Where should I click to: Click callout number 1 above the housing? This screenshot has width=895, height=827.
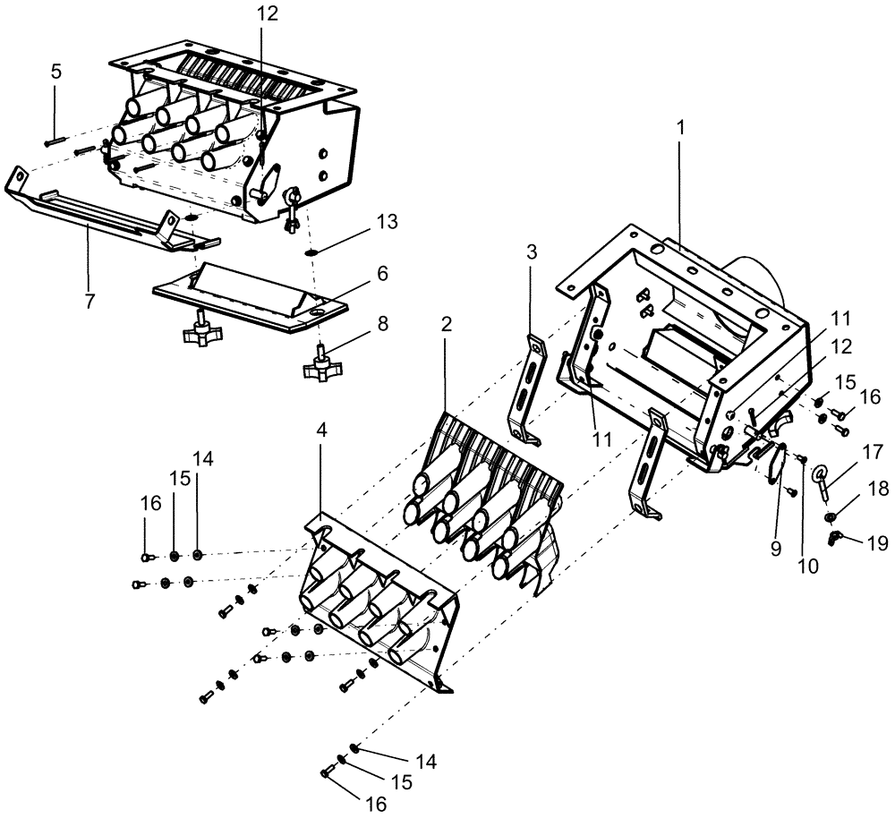[681, 128]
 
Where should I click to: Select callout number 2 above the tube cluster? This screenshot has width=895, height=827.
[445, 328]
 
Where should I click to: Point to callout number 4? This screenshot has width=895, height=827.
[323, 429]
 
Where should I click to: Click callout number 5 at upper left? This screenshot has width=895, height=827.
[55, 72]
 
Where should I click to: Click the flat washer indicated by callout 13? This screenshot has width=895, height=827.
[311, 252]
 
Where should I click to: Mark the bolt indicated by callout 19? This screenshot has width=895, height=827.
[836, 536]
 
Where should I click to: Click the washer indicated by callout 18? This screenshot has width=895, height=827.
[832, 516]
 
